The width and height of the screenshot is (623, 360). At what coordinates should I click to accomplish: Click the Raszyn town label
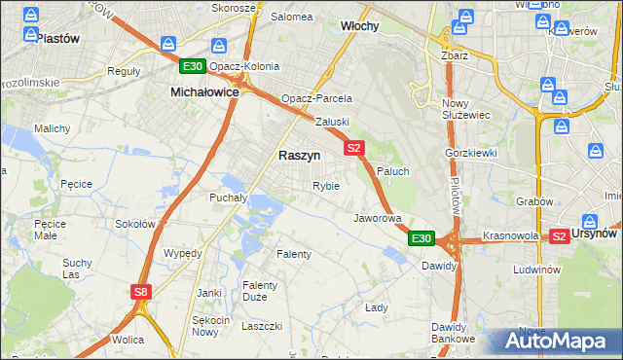pos(299,155)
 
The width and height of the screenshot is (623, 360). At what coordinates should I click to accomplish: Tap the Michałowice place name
pos(204,90)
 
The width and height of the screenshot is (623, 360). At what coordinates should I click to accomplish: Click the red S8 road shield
pos(142,291)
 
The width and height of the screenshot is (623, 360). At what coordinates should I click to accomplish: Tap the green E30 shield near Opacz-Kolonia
pos(192,66)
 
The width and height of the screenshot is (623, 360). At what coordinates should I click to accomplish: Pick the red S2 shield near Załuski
pos(353,148)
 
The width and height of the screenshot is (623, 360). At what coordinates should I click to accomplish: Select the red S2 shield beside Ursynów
pos(559,235)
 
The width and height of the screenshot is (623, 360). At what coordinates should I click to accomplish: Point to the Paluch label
pos(392,171)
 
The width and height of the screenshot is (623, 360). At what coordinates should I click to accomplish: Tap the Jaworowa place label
pos(378,218)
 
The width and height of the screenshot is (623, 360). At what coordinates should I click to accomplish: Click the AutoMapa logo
pos(556,341)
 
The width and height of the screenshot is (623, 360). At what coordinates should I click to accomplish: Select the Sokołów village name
pos(135,223)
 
